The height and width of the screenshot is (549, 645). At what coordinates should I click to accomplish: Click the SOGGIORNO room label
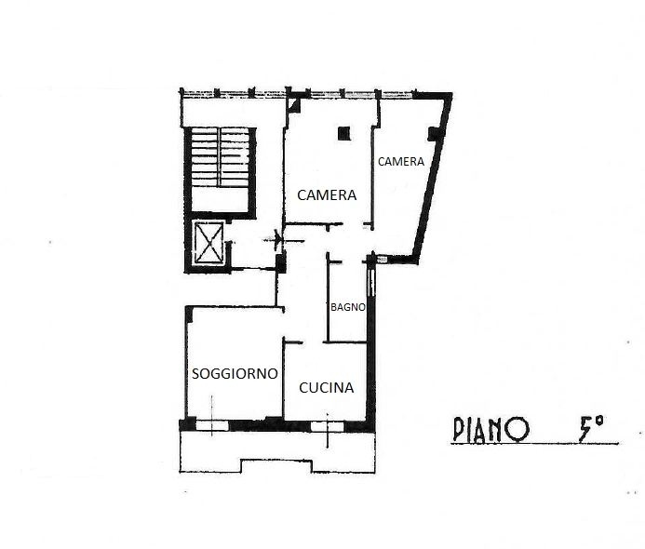(235, 374)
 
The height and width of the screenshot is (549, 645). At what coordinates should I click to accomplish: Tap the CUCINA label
(326, 388)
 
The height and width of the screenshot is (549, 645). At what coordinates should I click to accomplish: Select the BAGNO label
(348, 307)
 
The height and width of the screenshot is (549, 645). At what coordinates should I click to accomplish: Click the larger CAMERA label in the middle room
(327, 194)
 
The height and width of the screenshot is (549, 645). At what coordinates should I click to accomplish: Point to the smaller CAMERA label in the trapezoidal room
(401, 162)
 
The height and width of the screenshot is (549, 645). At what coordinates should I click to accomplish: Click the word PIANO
(490, 429)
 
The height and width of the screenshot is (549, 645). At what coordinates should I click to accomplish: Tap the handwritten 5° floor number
(591, 428)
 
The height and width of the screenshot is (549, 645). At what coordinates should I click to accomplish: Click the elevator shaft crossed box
(209, 243)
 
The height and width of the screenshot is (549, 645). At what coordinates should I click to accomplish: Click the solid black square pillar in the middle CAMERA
(344, 133)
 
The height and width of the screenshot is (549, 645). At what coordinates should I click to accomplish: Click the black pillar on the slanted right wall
(434, 134)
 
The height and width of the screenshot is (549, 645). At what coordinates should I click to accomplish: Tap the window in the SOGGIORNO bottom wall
(212, 425)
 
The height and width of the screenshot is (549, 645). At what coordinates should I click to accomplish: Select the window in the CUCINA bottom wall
(327, 426)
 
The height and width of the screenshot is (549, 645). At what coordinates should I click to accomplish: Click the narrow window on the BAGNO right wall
(371, 282)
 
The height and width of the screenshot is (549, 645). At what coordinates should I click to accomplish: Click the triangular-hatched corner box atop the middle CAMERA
(294, 105)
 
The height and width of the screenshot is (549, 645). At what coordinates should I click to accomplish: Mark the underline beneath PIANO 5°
(535, 444)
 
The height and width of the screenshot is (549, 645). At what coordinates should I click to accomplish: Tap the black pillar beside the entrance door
(281, 263)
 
